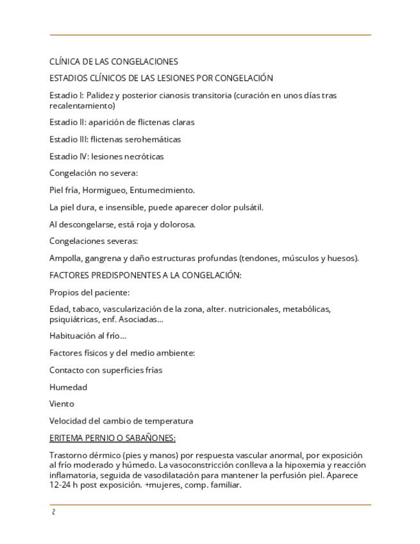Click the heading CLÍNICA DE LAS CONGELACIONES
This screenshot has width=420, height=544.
[113, 62]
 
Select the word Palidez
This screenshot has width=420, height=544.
[100, 96]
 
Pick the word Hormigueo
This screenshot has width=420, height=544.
[108, 190]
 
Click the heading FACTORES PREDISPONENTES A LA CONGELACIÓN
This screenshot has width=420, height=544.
[145, 275]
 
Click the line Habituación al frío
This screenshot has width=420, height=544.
[87, 336]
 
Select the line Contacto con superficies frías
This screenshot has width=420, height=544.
[106, 370]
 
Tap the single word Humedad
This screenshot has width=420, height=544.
[68, 387]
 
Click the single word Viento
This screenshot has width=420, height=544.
[62, 404]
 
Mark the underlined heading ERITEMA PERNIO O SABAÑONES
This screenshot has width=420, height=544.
[112, 438]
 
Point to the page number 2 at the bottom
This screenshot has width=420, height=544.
[53, 512]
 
